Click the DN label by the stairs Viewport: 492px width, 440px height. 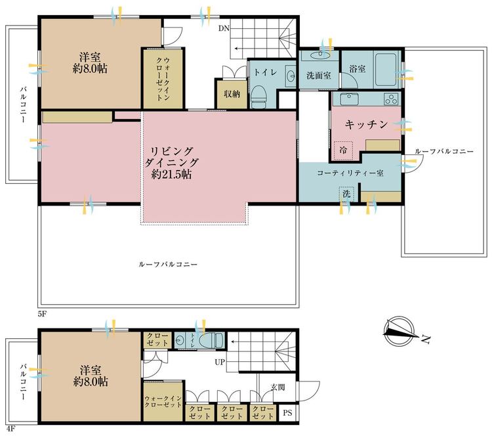point(224,29)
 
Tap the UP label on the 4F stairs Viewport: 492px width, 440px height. point(220,362)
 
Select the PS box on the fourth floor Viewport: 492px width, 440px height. point(287,412)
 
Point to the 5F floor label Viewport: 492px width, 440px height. point(42,314)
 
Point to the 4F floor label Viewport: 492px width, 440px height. point(10,429)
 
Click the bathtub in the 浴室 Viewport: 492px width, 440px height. point(385,70)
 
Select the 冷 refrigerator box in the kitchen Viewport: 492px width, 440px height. point(343,150)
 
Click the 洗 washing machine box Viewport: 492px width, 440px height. point(346,194)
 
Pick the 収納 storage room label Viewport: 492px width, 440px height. point(232,94)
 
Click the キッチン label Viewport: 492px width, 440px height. point(367,124)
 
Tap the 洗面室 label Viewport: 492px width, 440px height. point(319,76)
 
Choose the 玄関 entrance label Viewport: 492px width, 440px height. point(277,387)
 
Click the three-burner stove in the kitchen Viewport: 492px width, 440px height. point(391,99)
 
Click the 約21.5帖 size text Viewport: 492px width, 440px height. point(171,173)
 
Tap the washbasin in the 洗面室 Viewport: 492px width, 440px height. point(319,56)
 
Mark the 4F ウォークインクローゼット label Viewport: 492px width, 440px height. point(163,402)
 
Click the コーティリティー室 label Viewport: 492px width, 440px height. point(350,173)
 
